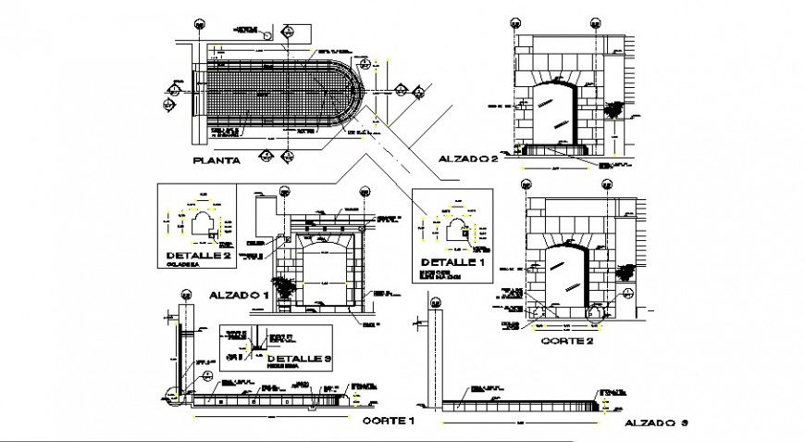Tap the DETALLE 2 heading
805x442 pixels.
click(x=197, y=255)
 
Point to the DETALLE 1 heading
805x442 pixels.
click(x=452, y=261)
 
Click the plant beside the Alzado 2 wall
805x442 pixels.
click(x=613, y=109)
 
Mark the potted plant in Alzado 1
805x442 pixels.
click(x=285, y=287)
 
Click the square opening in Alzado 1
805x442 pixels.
click(x=322, y=273)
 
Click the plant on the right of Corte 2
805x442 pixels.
click(x=626, y=271)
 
